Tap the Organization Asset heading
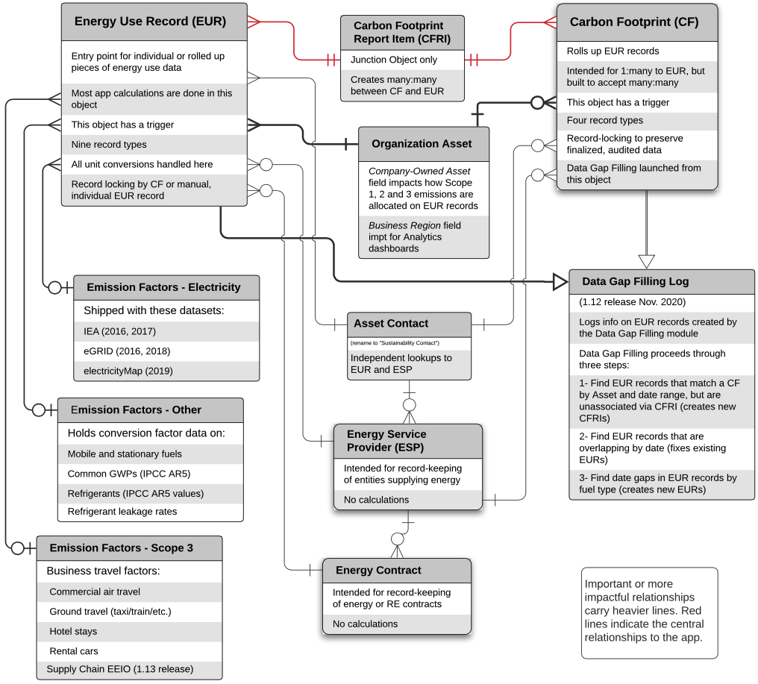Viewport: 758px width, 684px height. point(424,144)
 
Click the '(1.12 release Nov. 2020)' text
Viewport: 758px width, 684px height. point(632,303)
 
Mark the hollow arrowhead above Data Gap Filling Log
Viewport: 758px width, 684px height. point(646,261)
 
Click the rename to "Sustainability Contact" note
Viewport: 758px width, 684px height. point(395,342)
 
